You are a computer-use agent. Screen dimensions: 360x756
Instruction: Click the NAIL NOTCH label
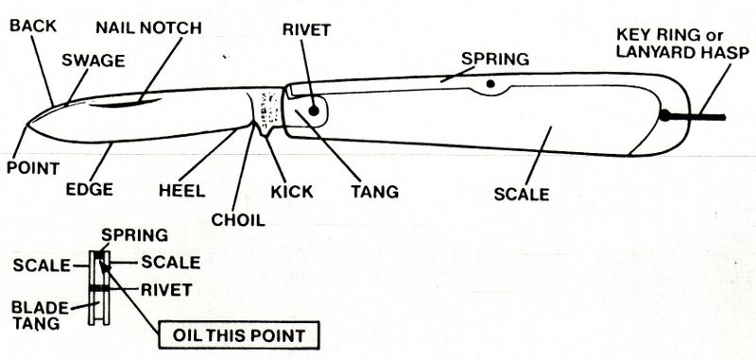[148, 27]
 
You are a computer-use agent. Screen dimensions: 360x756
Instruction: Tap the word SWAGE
[93, 60]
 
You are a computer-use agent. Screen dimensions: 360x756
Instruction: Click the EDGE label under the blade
[90, 189]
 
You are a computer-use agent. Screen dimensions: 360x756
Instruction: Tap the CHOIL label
[238, 220]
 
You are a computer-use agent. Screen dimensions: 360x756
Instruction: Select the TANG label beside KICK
[374, 191]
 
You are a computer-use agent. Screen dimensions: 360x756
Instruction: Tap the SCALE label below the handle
[522, 196]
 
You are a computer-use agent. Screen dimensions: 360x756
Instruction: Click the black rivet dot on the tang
[313, 111]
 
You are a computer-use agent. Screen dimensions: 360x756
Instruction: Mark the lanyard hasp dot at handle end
[665, 116]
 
